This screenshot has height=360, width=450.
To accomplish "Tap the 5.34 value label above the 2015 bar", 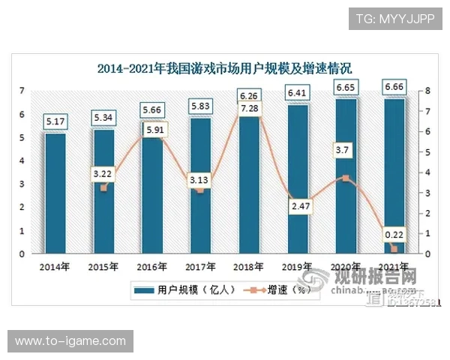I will tap(103, 118).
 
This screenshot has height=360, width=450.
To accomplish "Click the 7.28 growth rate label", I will tap(250, 109).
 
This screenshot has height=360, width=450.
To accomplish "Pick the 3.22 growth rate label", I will tap(103, 175).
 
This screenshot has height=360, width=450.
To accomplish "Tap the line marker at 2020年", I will tap(346, 178).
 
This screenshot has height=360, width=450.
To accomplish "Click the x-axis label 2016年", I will tap(151, 266).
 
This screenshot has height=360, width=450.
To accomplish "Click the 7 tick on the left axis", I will tap(22, 91).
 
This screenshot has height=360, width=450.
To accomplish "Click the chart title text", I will tap(225, 69).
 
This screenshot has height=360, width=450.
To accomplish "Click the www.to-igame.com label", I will tap(70, 341).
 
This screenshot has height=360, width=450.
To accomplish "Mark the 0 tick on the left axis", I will tap(22, 254).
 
